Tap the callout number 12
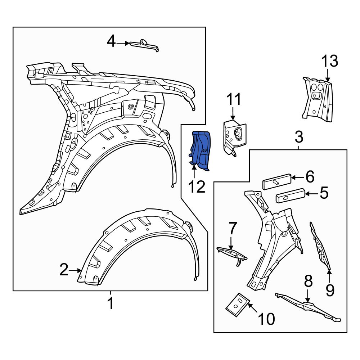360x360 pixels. point(197,186)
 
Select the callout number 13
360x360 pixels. point(330,62)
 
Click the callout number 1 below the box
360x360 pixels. point(111,303)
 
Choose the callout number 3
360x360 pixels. point(299,137)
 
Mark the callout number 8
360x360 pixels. point(309,282)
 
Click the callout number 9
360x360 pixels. point(330,289)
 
